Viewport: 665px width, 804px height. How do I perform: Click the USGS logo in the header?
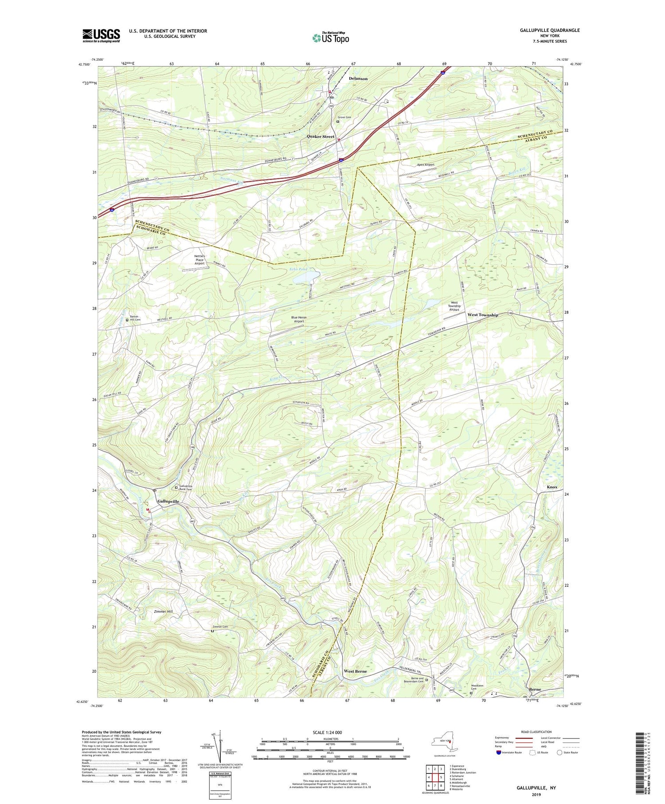(101, 35)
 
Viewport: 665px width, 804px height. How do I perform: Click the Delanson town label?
(358, 78)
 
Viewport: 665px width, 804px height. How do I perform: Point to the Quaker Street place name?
(321, 137)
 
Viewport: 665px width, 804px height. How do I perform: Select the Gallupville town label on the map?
(168, 501)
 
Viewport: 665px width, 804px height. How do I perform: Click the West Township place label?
(483, 315)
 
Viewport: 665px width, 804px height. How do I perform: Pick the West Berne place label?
(355, 671)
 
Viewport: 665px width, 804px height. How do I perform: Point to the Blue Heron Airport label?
(299, 319)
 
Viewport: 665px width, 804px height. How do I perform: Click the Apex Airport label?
(425, 165)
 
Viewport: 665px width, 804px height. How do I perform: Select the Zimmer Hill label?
(163, 612)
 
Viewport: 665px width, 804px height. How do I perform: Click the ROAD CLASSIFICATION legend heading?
(536, 732)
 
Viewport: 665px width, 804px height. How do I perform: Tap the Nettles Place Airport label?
(199, 259)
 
